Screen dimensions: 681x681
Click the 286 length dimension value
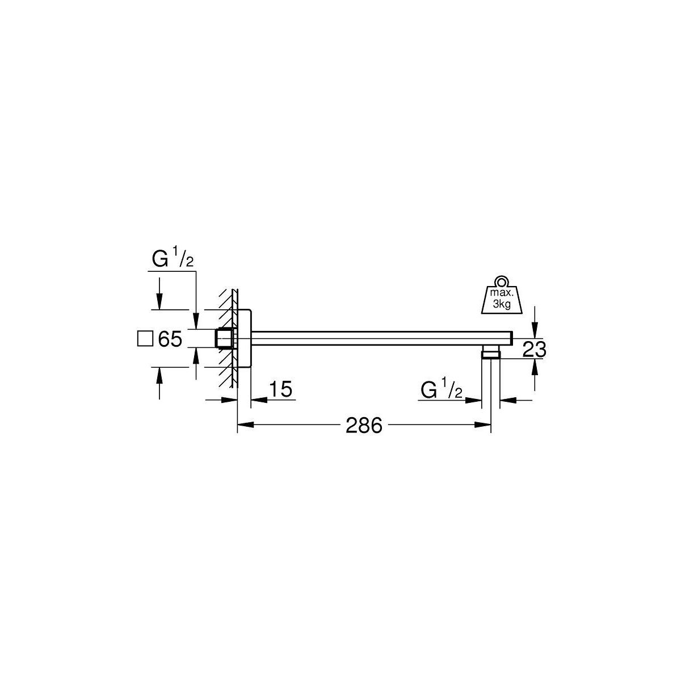point(364,425)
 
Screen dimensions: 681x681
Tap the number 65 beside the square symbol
point(170,339)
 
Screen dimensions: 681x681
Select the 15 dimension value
point(280,389)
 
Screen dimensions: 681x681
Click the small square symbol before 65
point(145,338)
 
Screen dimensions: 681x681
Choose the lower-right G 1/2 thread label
point(442,389)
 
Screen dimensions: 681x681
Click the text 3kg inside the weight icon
point(502,304)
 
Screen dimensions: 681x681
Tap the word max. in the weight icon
point(502,293)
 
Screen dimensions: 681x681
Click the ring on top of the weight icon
point(501,281)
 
